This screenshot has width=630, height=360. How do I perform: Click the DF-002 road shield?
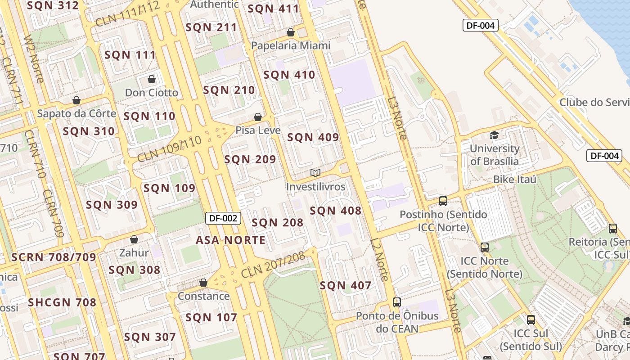(x=224, y=218)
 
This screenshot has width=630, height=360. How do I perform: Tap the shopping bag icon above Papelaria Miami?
(x=291, y=32)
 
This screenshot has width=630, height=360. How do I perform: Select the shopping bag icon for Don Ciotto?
(x=152, y=79)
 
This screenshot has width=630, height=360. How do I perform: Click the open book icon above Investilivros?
(x=315, y=173)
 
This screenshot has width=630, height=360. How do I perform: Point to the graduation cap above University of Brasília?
(x=494, y=135)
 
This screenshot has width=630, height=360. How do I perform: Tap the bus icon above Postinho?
(x=443, y=201)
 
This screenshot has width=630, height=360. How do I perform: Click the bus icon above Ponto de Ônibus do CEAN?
(x=396, y=302)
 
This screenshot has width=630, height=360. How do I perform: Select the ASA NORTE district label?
(x=230, y=240)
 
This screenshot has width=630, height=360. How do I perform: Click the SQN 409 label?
(x=313, y=138)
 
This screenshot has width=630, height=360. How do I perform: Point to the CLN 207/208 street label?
(x=273, y=265)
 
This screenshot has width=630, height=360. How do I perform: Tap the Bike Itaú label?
(x=515, y=180)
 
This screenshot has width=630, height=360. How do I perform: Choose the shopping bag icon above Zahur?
(x=134, y=239)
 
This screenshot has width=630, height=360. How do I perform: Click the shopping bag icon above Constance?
(x=203, y=283)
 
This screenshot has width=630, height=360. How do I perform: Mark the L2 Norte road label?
(x=380, y=260)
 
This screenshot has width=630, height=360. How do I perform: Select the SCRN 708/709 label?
(x=54, y=257)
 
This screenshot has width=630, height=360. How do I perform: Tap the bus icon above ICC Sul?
(x=531, y=320)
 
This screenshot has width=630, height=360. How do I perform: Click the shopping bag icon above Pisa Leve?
(x=258, y=117)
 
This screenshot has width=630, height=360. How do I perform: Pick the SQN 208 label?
(x=277, y=222)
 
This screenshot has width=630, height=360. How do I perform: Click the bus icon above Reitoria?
(x=613, y=228)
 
